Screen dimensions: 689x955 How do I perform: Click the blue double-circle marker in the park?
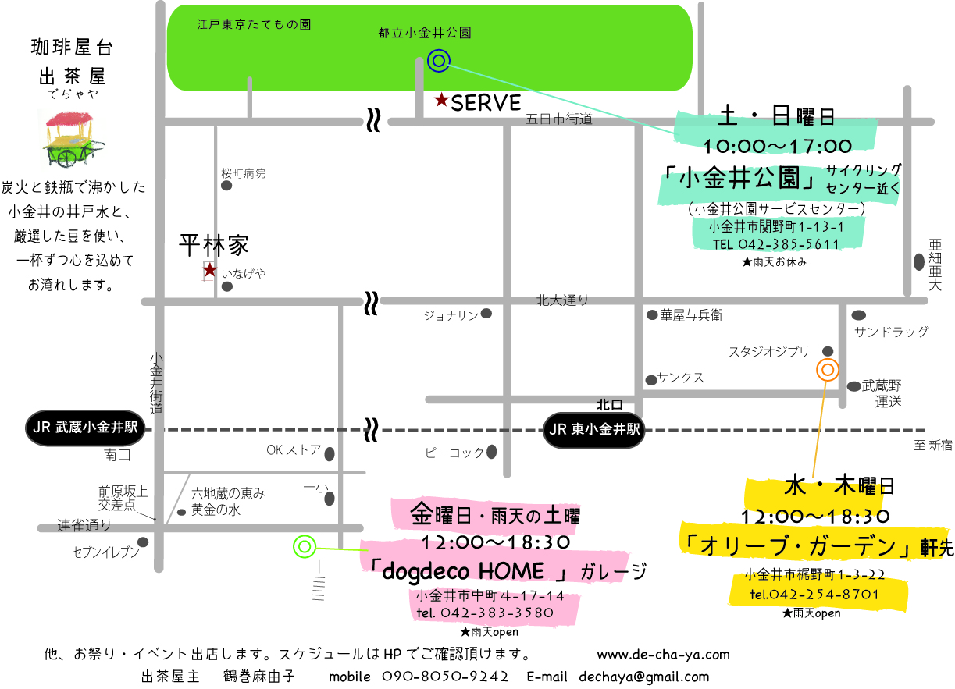(439, 60)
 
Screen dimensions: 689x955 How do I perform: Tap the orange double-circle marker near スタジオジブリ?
(828, 370)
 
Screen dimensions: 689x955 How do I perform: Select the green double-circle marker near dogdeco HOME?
(304, 547)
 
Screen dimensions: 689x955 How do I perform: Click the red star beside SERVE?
(441, 100)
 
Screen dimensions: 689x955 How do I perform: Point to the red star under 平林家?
(209, 270)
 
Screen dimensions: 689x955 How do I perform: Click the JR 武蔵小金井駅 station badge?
(85, 428)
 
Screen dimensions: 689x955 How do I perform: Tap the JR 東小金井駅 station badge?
(594, 429)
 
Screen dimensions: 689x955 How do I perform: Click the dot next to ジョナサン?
(486, 314)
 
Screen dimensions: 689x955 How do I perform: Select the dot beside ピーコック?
(492, 451)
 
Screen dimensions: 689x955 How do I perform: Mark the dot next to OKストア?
(330, 453)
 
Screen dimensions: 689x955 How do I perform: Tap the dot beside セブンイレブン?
(143, 542)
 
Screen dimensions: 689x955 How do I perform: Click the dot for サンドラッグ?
(858, 315)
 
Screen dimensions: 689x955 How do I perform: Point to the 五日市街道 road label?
(558, 119)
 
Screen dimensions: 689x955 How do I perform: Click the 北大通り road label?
(561, 300)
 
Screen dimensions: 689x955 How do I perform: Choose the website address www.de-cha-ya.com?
(663, 655)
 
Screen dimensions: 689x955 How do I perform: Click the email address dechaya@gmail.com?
(644, 677)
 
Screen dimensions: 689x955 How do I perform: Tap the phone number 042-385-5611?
(789, 244)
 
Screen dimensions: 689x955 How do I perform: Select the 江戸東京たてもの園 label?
(254, 24)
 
